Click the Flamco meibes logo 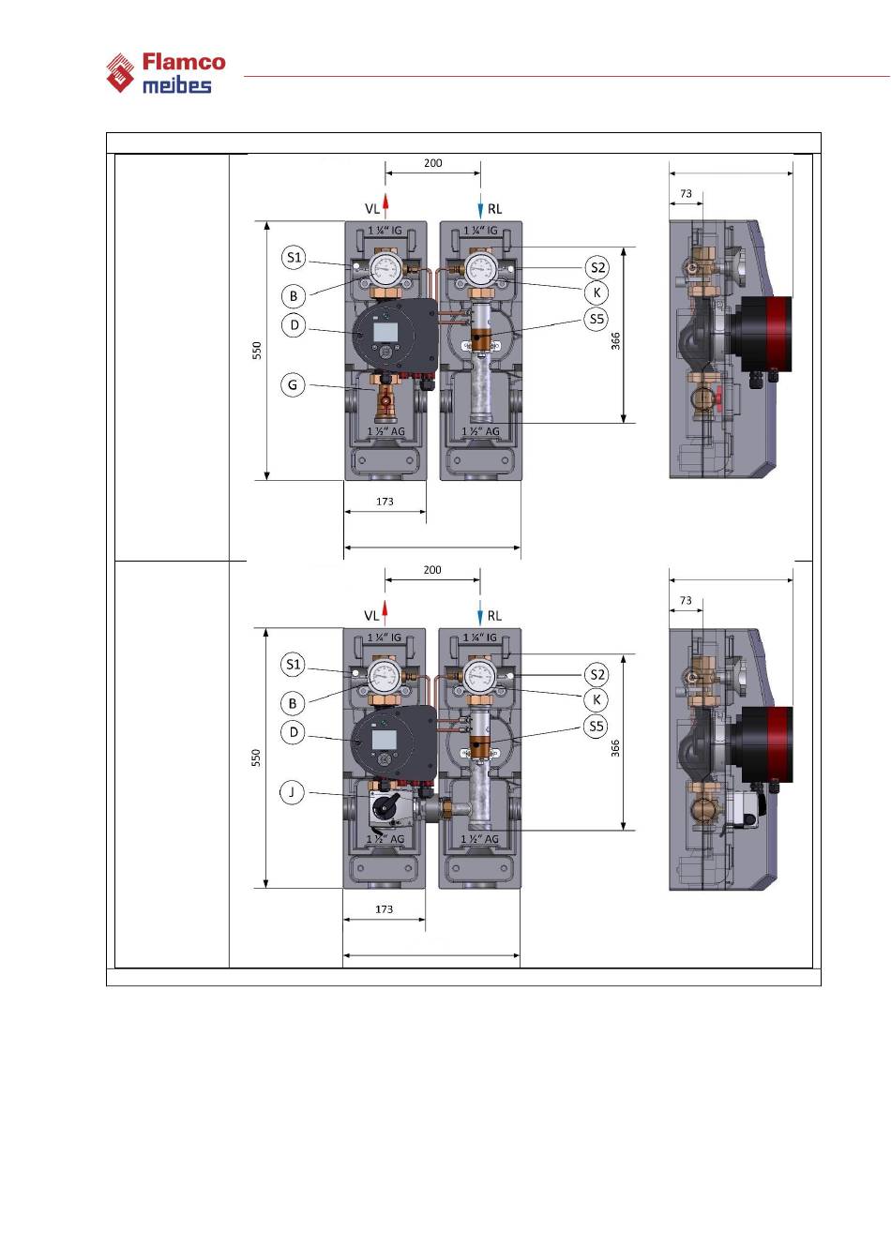point(166,73)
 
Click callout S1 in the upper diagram point(294,257)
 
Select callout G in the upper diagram point(294,384)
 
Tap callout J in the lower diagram point(293,792)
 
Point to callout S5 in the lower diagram point(597,726)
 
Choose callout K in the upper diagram point(597,292)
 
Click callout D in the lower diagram point(294,732)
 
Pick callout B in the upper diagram point(294,295)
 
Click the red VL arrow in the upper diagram point(385,205)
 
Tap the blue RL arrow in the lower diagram point(480,613)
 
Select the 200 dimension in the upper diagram point(432,163)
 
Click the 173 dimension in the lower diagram point(385,909)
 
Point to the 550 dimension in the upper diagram point(257,350)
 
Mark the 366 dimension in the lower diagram point(616,747)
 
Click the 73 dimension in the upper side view point(686,194)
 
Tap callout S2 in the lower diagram point(597,674)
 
